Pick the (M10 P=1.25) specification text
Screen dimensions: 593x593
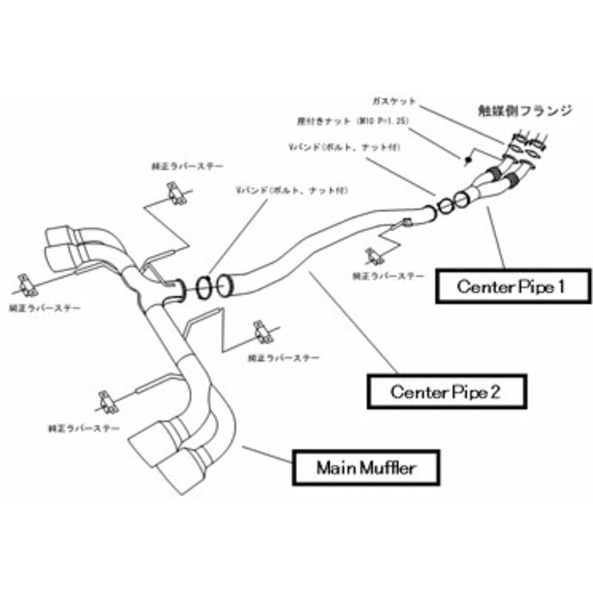click(x=379, y=119)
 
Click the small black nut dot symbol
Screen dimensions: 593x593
click(x=468, y=160)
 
